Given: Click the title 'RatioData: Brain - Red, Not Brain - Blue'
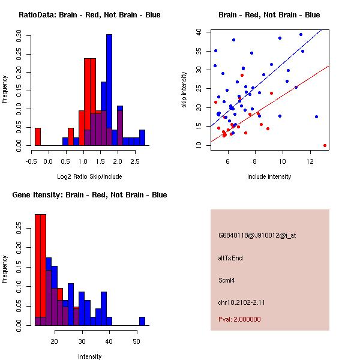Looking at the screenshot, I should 89,15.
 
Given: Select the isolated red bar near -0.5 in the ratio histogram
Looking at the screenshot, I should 37,137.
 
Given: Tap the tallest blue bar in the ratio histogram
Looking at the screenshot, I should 109,90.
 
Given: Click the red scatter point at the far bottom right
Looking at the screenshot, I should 325,145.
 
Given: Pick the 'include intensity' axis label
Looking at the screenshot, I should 269,176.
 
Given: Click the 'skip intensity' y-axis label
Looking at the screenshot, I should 185,89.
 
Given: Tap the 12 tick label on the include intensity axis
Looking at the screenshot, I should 310,160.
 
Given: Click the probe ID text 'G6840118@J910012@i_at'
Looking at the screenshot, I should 257,235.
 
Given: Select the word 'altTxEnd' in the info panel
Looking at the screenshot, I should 230,258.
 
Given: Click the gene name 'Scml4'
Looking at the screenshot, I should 227,280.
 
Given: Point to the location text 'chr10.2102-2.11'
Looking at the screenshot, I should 242,302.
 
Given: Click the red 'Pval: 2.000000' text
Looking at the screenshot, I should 239,319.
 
